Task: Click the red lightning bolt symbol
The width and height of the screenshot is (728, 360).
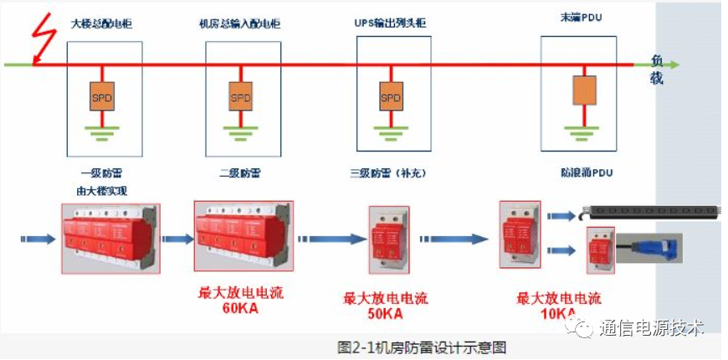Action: [39, 39]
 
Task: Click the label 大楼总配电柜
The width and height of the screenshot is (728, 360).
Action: [102, 24]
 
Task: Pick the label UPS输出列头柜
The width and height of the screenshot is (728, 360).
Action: [390, 24]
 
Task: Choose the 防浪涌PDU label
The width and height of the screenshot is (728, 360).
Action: [584, 173]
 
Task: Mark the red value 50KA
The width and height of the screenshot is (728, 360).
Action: [385, 314]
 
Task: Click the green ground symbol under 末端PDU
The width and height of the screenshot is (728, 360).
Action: [582, 130]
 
